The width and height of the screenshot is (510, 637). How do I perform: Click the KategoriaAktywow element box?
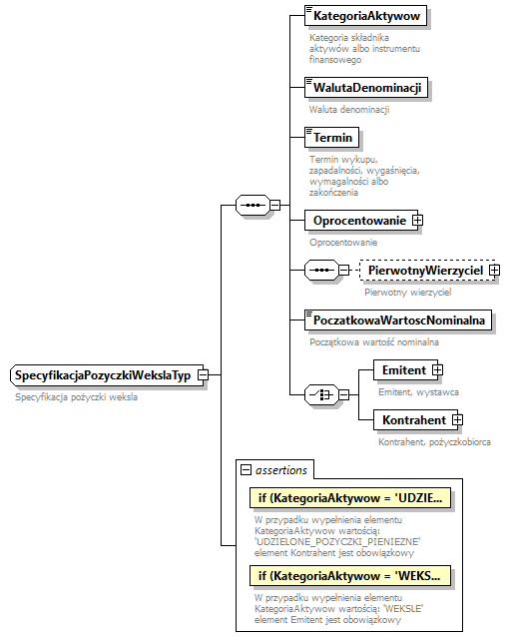[366, 17]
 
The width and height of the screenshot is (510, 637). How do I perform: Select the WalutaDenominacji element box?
[366, 88]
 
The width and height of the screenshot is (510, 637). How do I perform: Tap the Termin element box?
[333, 138]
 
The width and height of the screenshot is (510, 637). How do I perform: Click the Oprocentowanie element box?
[359, 221]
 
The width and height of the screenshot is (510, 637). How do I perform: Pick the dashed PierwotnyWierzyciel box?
[424, 271]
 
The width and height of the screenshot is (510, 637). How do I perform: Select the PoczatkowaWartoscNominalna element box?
[398, 320]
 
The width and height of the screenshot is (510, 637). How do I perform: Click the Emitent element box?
[403, 370]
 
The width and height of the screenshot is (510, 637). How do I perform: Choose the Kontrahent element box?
[413, 420]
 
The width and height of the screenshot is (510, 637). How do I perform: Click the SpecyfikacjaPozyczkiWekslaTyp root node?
[103, 375]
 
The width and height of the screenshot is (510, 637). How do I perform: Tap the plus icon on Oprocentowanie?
[418, 221]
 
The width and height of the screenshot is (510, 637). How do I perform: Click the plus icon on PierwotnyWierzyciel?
[494, 271]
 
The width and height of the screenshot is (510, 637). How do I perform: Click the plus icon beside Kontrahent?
[458, 420]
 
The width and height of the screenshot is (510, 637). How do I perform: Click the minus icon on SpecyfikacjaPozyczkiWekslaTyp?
[203, 375]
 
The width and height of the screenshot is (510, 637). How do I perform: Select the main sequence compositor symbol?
[253, 206]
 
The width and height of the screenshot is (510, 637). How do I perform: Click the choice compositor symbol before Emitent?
[318, 395]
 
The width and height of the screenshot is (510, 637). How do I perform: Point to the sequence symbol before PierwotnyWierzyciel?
[318, 271]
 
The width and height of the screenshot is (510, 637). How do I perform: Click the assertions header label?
[282, 469]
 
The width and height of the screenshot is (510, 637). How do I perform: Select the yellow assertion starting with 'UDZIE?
[349, 496]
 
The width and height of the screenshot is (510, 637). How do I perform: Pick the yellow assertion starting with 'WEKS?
[349, 576]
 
